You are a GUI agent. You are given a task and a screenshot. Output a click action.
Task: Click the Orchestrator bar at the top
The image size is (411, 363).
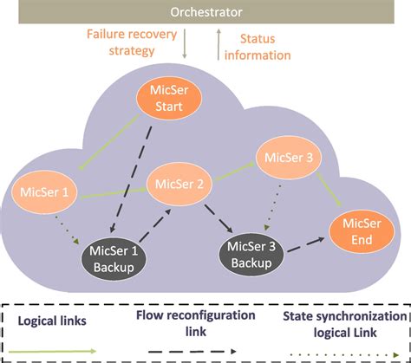(205, 12)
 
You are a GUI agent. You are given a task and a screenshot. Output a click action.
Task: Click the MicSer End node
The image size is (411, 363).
(356, 230)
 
